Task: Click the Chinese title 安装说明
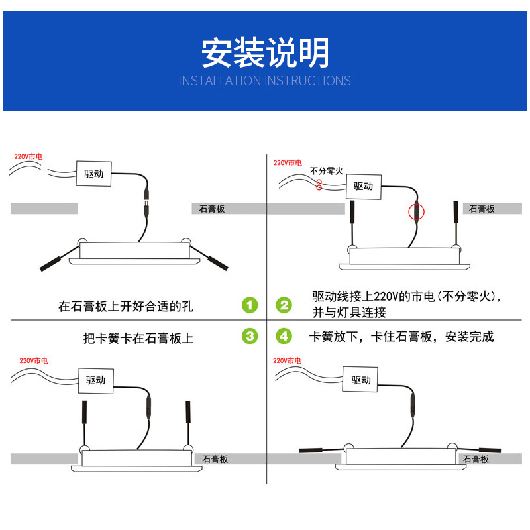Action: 265,53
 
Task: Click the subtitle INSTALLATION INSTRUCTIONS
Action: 265,81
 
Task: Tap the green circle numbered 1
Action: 249,305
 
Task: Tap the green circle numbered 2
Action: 284,305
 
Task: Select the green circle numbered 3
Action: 249,337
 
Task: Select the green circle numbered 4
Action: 284,337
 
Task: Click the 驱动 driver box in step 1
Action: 94,174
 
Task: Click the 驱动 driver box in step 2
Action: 363,186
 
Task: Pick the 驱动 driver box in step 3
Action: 96,380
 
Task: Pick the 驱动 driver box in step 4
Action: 361,380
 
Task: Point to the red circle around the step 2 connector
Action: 416,212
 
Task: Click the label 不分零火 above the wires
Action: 327,171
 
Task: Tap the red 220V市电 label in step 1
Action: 28,157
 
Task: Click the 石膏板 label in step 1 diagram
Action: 212,209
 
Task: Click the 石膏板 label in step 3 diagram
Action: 215,459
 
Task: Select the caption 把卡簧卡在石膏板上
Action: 138,339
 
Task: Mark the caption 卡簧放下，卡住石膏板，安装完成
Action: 401,337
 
